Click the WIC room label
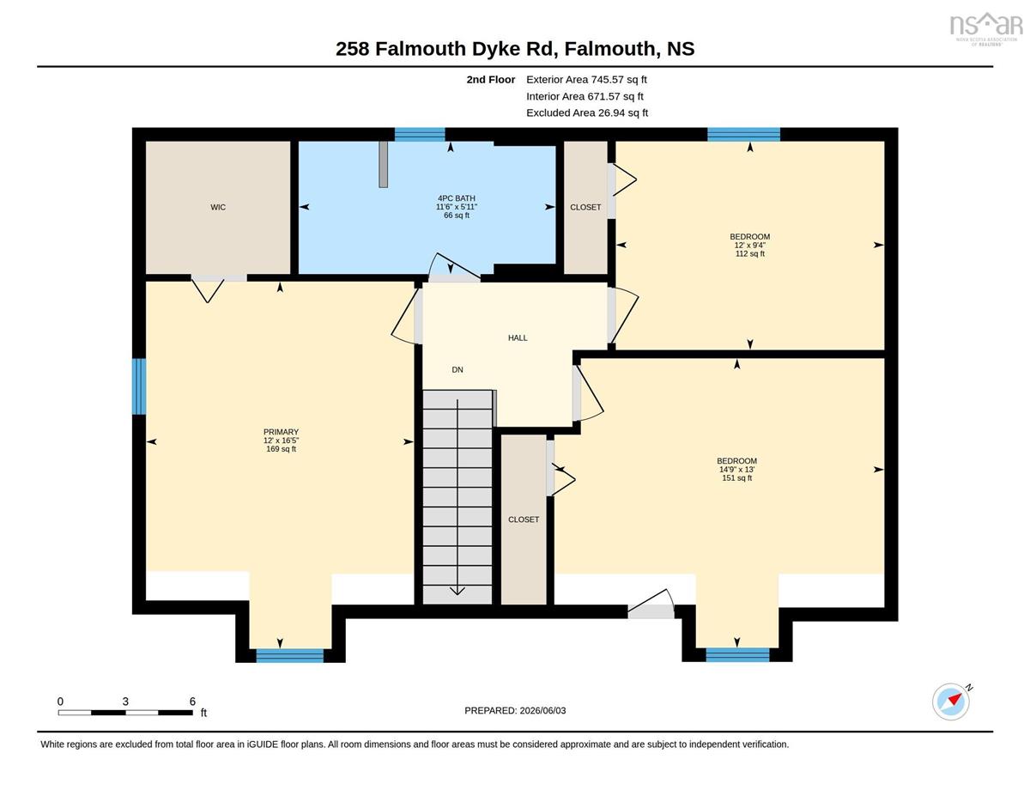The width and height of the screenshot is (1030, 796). (x=218, y=207)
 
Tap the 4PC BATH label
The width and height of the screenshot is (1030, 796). (x=456, y=198)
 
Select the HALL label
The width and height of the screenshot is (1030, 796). (x=518, y=338)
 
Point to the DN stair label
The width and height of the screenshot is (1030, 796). (x=457, y=370)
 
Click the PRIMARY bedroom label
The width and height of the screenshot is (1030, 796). (x=281, y=432)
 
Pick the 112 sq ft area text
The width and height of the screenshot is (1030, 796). (x=750, y=253)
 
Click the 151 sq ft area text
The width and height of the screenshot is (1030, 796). (x=737, y=478)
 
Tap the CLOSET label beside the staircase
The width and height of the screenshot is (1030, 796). (x=524, y=520)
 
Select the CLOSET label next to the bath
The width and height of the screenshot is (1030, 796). (x=585, y=207)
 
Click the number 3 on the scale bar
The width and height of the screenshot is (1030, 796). (x=125, y=702)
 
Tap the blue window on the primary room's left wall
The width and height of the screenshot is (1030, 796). (x=139, y=386)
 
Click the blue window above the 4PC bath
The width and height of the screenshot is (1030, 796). (x=420, y=135)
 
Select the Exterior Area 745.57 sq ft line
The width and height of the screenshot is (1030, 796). (x=586, y=80)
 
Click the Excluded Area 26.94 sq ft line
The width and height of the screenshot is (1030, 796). (x=587, y=112)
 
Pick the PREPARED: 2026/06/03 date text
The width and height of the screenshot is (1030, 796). (x=515, y=711)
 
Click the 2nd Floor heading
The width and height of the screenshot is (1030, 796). (x=491, y=80)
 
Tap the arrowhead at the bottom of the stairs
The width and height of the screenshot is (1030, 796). (x=457, y=591)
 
